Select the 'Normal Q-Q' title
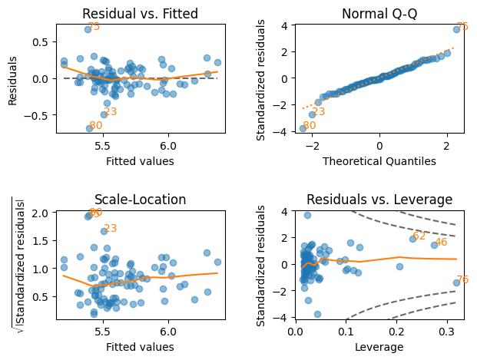(380, 13)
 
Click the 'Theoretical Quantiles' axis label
(380, 161)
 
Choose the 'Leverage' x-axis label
(380, 347)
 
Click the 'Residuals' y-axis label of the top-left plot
(13, 78)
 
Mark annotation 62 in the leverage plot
(419, 236)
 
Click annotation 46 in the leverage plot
(441, 243)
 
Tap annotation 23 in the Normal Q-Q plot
(318, 112)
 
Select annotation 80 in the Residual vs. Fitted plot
(95, 126)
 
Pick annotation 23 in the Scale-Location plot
(110, 228)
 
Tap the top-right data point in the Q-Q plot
(456, 29)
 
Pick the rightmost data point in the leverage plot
(456, 282)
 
